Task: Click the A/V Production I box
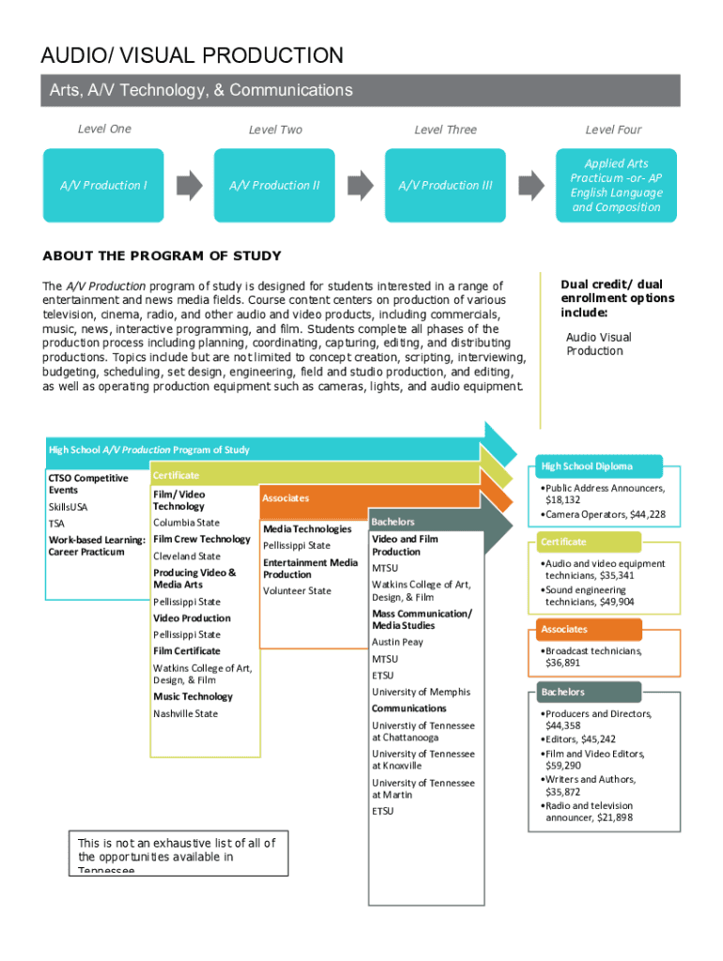(103, 185)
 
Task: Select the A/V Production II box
(274, 185)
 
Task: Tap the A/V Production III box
(445, 185)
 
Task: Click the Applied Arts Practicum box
(616, 185)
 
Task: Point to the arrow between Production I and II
(190, 185)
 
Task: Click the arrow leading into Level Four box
(531, 185)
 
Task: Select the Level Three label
(445, 130)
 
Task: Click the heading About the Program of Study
(162, 256)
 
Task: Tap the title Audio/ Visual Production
(192, 55)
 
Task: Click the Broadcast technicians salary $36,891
(562, 663)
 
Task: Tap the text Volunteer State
(297, 590)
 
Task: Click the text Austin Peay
(397, 642)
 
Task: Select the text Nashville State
(185, 713)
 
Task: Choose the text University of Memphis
(421, 692)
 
